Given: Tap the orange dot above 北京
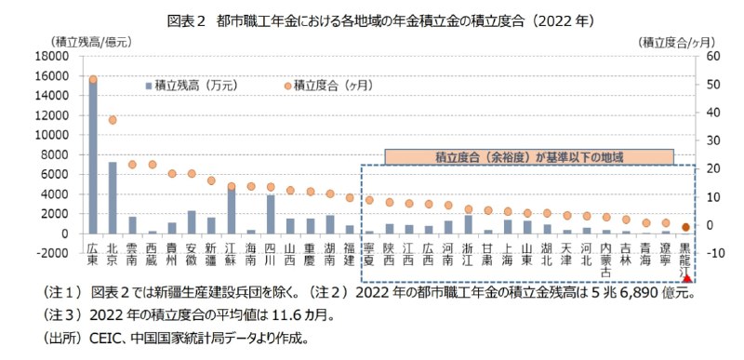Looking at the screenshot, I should [x=113, y=120].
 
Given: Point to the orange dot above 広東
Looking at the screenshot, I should [x=92, y=80].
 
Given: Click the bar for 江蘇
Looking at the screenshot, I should [x=231, y=210].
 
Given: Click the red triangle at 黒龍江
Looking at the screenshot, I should [x=686, y=278].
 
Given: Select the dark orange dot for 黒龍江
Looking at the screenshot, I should [x=686, y=226].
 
